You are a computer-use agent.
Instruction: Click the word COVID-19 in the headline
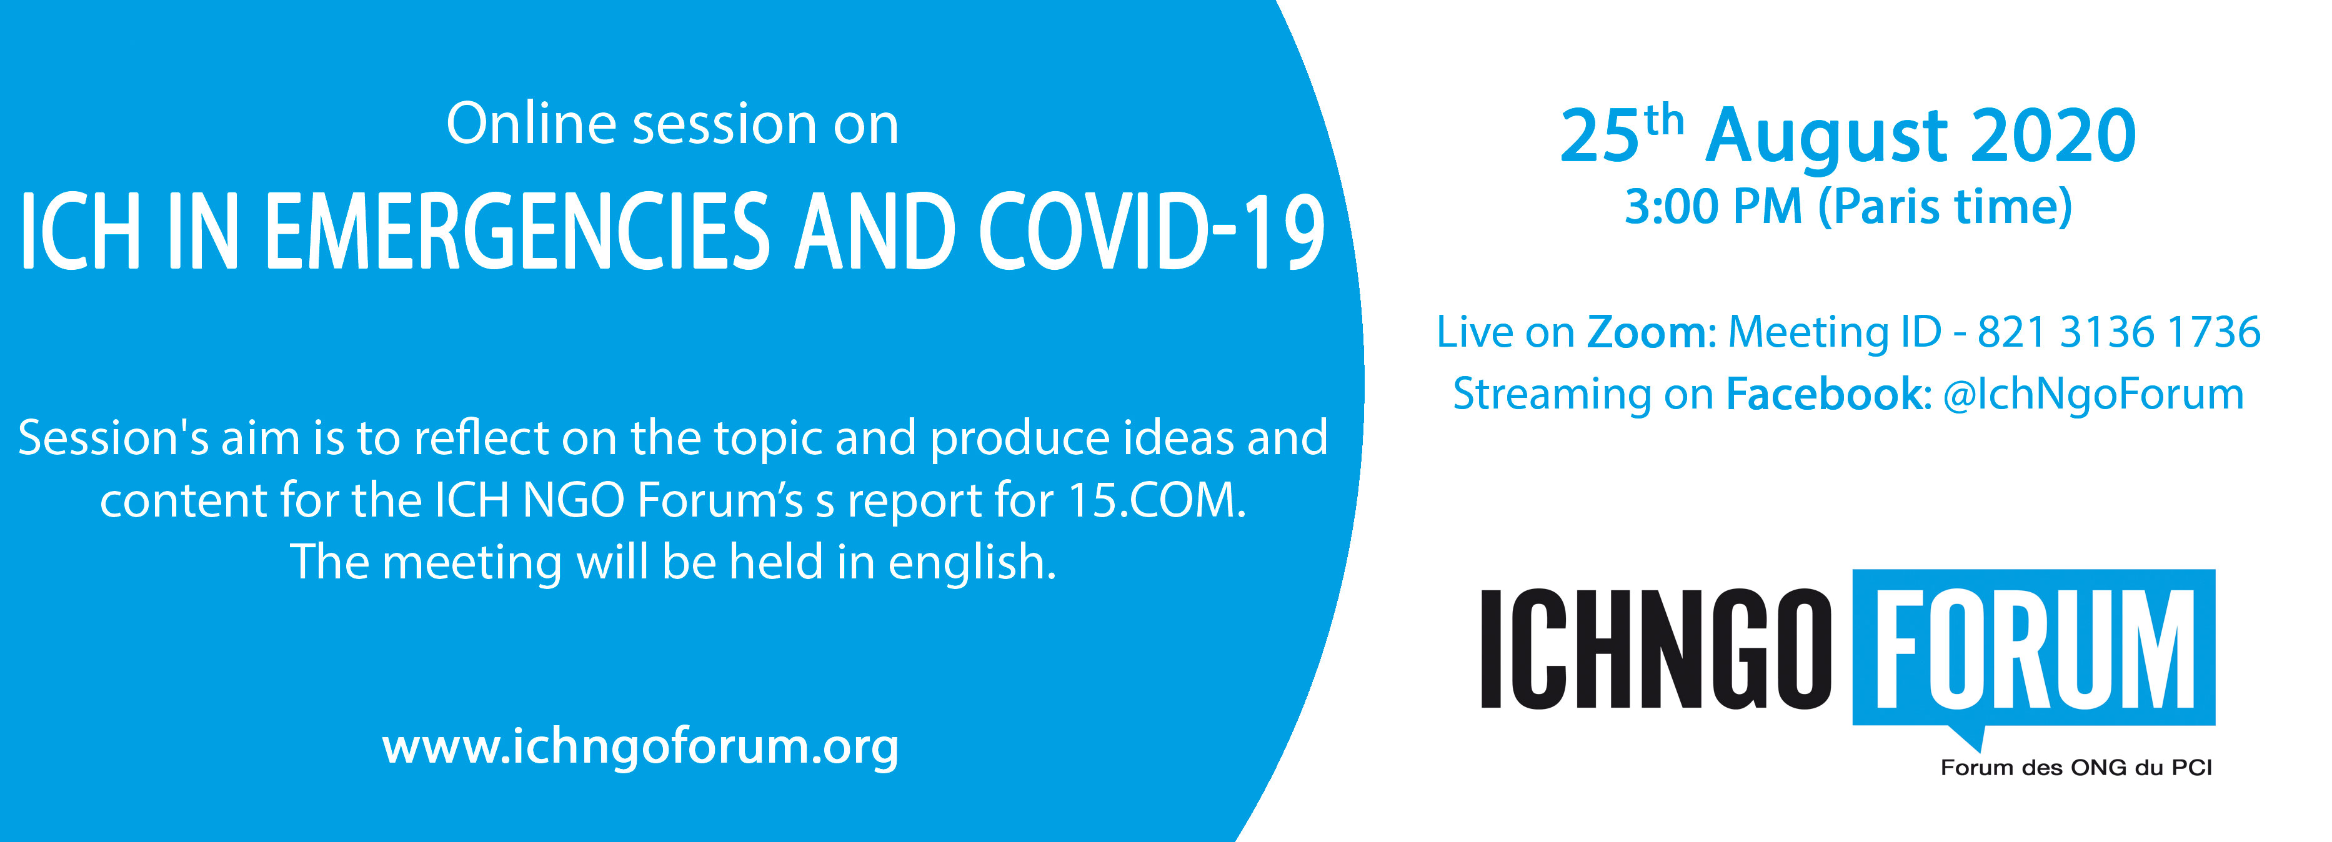1152,232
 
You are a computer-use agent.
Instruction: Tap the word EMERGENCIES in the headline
517,232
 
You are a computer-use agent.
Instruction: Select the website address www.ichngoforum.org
640,748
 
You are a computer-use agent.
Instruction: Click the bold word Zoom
1646,332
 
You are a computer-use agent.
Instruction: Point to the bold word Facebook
1823,394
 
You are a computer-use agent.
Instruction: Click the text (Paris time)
1945,208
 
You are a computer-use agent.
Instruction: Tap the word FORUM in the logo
2034,648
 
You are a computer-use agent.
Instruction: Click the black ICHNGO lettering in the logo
1656,648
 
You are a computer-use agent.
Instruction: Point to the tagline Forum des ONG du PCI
2076,768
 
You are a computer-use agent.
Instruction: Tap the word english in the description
972,563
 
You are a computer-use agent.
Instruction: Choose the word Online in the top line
532,124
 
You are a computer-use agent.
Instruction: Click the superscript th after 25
1664,121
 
